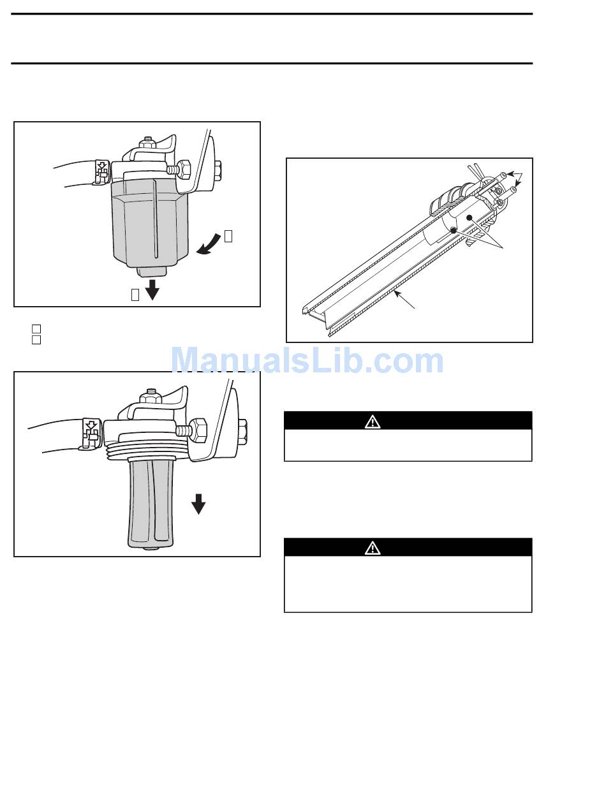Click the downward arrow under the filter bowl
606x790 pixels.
tap(152, 289)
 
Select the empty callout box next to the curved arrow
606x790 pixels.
tap(228, 237)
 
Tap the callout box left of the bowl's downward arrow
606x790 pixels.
tap(135, 295)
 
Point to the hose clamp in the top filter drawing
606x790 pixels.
tap(101, 172)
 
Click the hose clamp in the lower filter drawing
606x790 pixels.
tap(92, 434)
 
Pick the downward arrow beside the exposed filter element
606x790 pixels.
tap(198, 504)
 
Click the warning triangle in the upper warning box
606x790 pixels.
tap(373, 421)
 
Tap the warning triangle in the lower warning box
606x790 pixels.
tap(373, 548)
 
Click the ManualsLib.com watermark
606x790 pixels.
tap(307, 361)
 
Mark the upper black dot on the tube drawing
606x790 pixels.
tap(469, 218)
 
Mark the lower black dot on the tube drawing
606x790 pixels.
tap(454, 230)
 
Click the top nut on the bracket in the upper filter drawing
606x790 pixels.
tap(147, 142)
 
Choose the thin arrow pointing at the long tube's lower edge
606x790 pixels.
tap(404, 300)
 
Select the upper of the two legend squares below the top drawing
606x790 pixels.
tap(36, 328)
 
